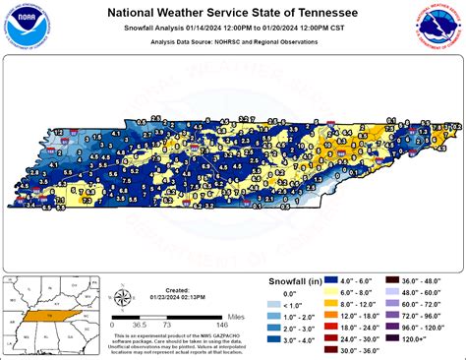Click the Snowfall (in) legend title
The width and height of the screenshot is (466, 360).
(x=296, y=281)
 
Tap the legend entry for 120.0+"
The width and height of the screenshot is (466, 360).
(x=413, y=336)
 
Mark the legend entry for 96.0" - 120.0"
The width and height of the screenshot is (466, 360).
(x=413, y=324)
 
